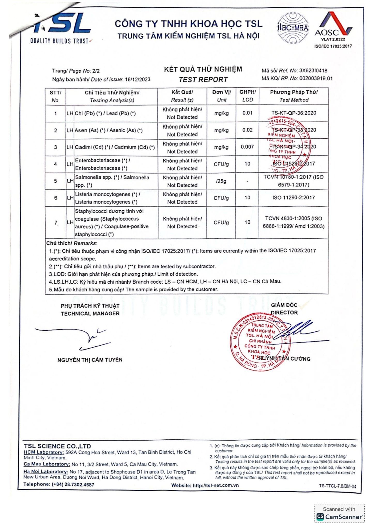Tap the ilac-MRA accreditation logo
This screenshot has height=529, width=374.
click(x=293, y=28)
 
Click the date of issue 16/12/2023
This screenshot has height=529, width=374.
click(x=138, y=80)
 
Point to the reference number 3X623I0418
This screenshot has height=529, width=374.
click(x=313, y=71)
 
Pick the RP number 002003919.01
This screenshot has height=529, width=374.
click(x=316, y=78)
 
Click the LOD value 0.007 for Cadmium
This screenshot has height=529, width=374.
click(x=247, y=147)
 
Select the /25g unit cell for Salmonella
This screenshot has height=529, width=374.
click(x=221, y=181)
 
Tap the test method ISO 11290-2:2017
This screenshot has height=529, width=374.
click(x=294, y=198)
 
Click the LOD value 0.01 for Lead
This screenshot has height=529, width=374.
click(x=247, y=113)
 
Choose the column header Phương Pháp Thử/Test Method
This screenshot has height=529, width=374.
click(x=294, y=96)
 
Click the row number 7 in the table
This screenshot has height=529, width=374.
click(x=56, y=223)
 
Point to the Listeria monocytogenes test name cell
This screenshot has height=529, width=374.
click(x=107, y=198)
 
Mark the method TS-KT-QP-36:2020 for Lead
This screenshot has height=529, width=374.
click(x=294, y=113)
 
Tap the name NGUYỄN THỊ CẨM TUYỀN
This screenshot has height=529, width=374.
click(x=90, y=360)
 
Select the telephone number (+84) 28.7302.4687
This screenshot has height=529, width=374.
click(x=73, y=485)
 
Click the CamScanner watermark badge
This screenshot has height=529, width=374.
click(x=339, y=514)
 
